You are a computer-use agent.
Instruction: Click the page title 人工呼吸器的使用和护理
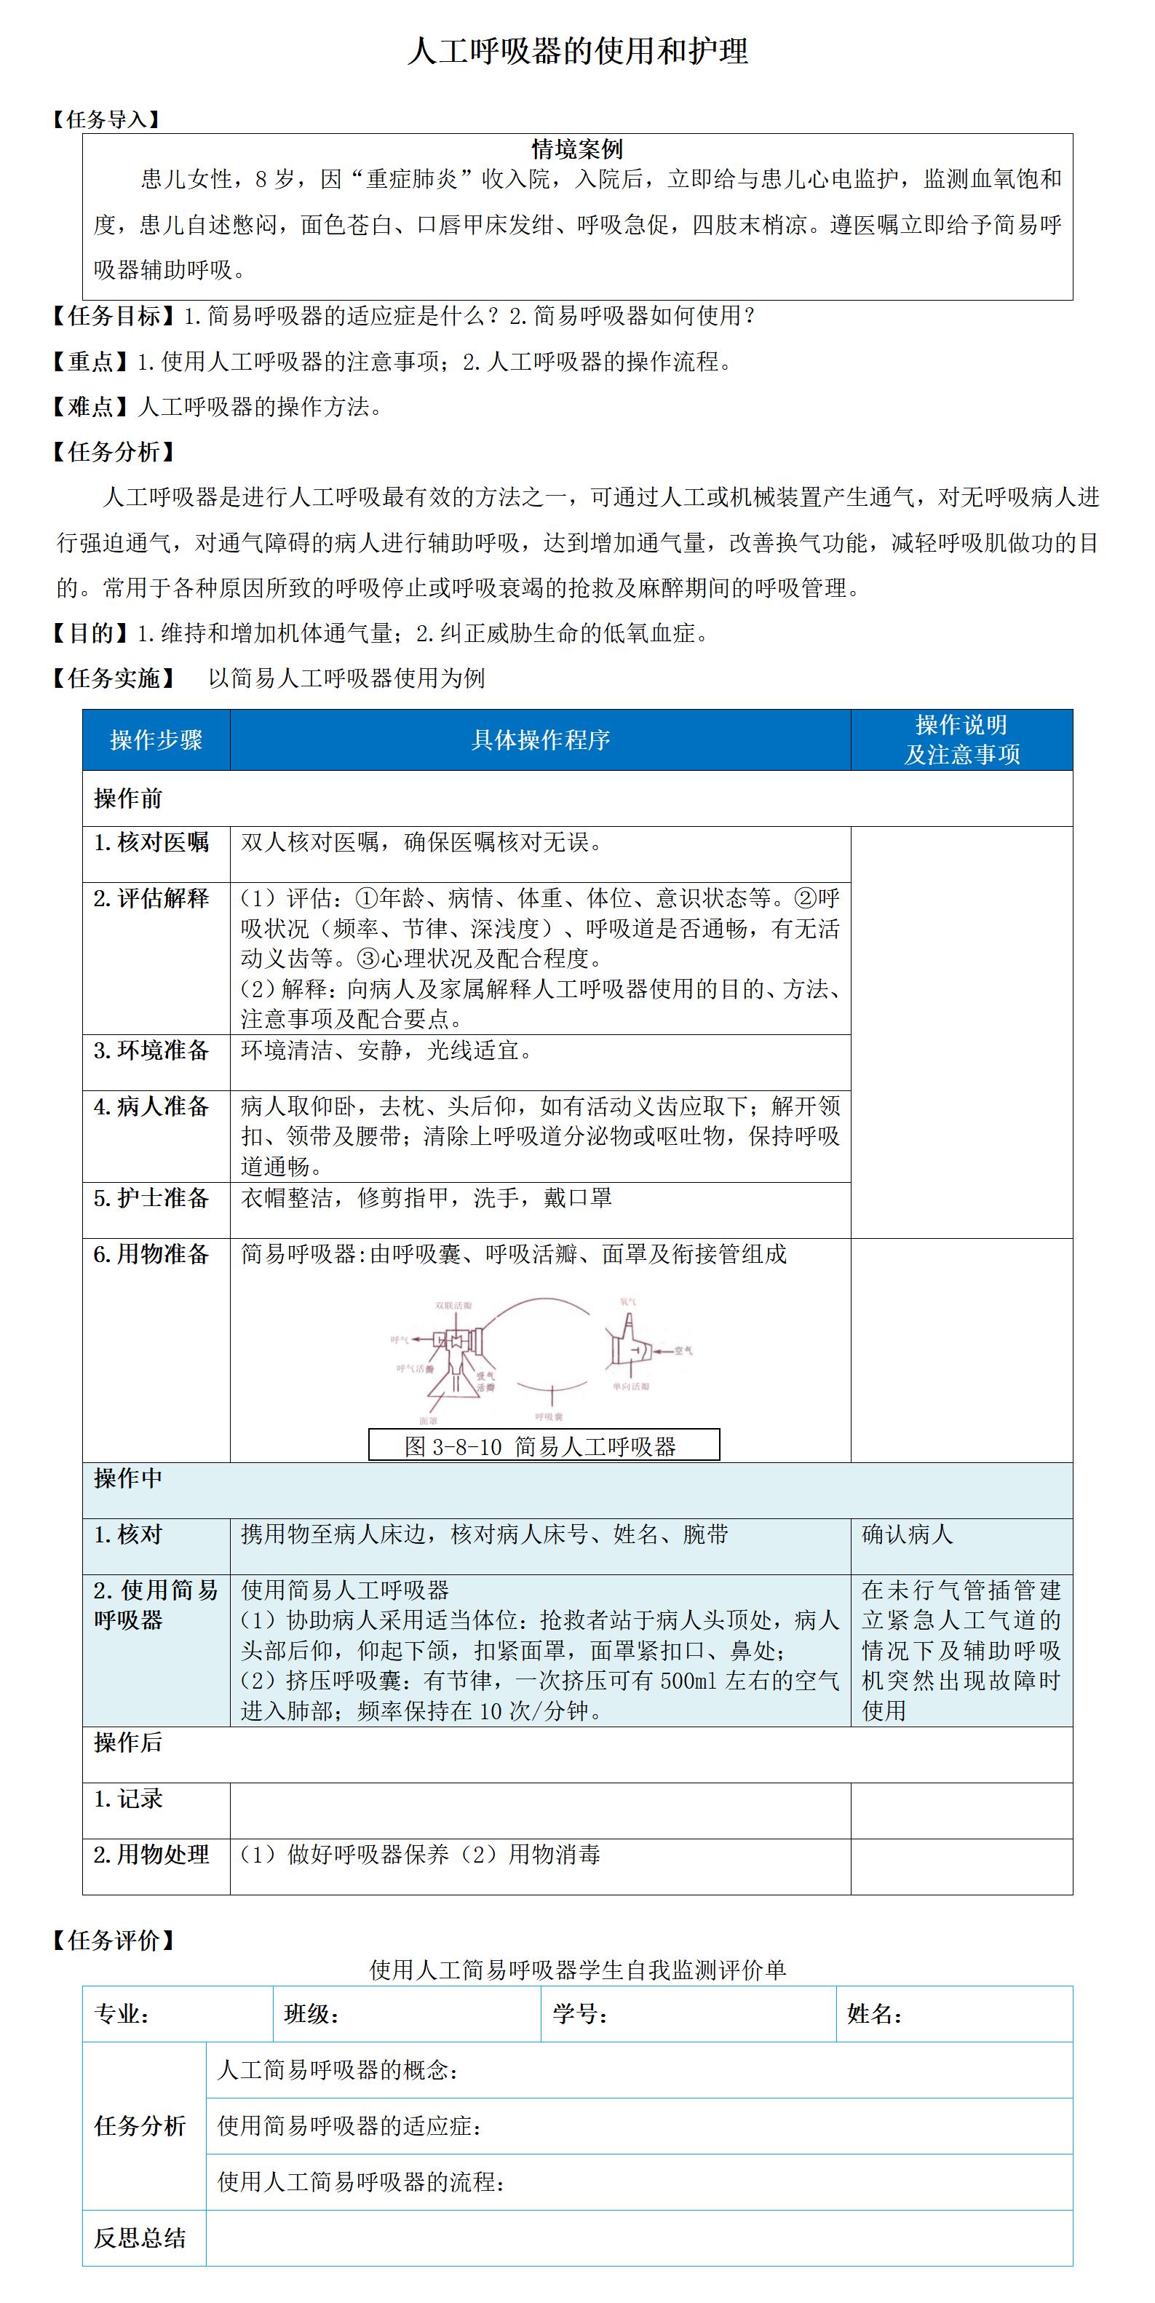point(578,51)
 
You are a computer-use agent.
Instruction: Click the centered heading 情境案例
point(578,149)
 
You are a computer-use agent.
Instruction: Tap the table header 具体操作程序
point(540,740)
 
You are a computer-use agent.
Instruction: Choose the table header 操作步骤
point(156,740)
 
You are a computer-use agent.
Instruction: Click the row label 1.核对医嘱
point(151,842)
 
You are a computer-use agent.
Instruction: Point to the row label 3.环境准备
point(151,1050)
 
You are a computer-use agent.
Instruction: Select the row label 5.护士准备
point(151,1198)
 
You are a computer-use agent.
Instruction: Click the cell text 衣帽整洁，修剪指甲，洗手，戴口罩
point(426,1198)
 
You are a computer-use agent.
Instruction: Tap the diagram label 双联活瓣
point(453,1305)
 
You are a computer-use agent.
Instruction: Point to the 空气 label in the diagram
point(684,1350)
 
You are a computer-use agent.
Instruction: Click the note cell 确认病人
point(908,1535)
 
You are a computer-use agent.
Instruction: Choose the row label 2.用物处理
point(151,1855)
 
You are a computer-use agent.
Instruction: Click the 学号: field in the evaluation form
point(580,2014)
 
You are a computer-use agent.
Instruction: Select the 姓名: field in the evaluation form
point(874,2014)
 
